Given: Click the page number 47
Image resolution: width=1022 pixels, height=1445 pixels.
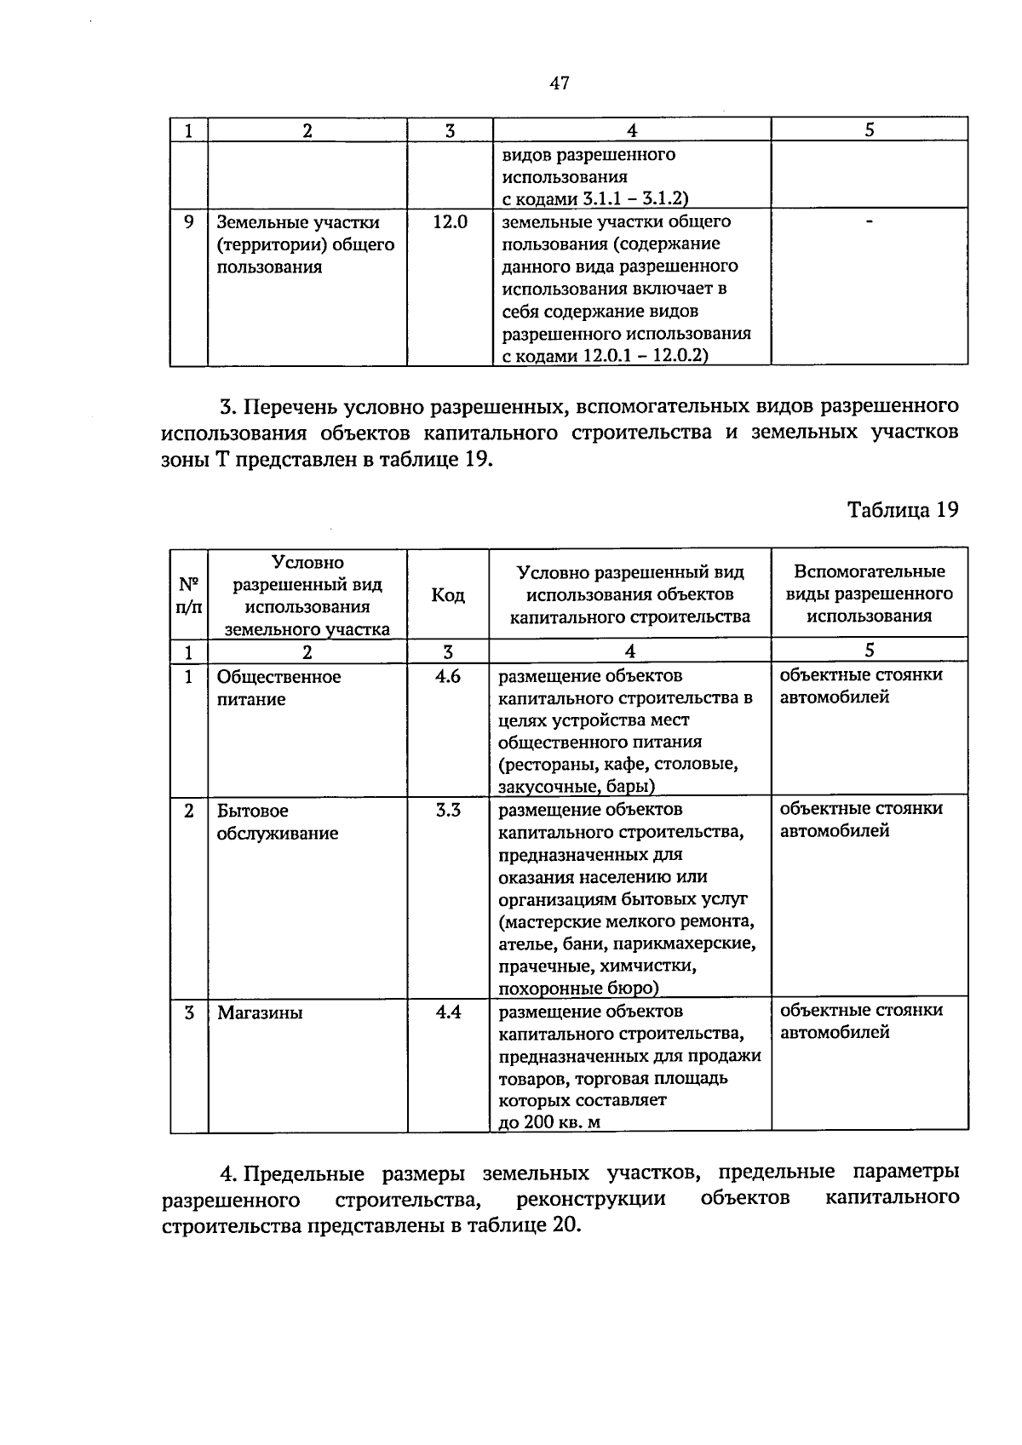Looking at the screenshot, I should coord(559,83).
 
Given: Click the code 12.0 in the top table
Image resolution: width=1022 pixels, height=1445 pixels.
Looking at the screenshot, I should coord(450,222).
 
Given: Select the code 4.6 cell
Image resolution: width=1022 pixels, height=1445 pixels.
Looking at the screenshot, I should coord(448,677).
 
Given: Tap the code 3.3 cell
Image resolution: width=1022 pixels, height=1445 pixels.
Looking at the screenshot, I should coord(448,811).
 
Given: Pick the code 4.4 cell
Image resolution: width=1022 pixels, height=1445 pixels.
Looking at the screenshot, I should coord(448,1012).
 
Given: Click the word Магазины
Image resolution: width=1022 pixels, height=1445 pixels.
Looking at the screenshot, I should coord(260,1013).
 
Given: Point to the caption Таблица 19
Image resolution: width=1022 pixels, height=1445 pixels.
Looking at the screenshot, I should coord(903,509).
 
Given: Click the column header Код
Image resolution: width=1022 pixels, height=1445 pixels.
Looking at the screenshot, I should coord(448,594).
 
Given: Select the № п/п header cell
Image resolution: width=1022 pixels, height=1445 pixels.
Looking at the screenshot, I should coord(189,594).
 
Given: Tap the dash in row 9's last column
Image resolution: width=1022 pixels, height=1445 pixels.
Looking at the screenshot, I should coord(869,221).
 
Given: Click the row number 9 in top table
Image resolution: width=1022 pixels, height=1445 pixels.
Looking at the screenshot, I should coord(189,222).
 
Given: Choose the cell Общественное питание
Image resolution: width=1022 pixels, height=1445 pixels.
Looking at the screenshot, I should coord(278,688).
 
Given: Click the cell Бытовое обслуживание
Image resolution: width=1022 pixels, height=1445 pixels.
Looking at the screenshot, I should coord(277,822).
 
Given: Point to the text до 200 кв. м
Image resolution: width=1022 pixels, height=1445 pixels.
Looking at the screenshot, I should coord(549,1121).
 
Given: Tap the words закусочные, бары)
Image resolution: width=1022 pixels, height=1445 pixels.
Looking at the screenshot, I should coord(576,785).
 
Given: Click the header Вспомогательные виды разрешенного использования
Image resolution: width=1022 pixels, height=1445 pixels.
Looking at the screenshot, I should coord(869,593).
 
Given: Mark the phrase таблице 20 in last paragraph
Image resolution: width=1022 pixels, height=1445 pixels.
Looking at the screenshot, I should coord(525,1225).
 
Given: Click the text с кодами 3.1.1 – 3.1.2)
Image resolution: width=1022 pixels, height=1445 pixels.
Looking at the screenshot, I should coord(594,198).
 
